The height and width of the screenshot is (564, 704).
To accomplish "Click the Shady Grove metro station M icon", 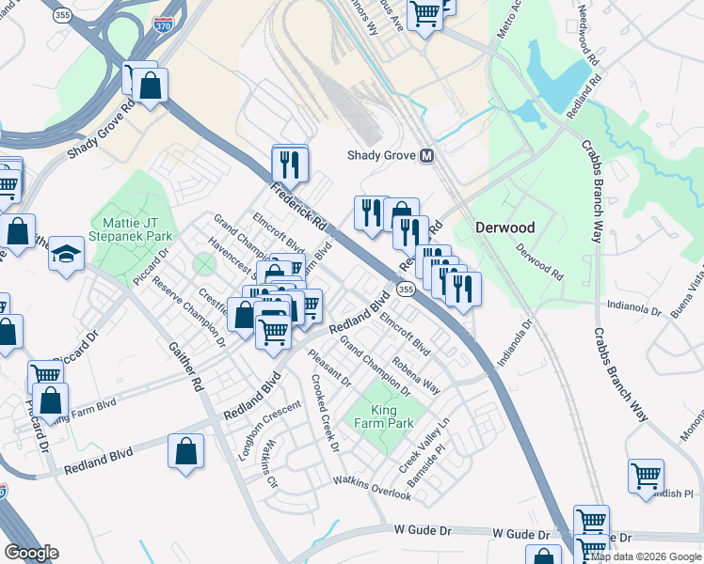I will pyautogui.click(x=427, y=156).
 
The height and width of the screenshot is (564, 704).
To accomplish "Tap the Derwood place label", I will pyautogui.click(x=504, y=227).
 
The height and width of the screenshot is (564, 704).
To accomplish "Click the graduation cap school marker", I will pyautogui.click(x=67, y=254).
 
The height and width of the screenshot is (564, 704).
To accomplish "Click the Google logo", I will pyautogui.click(x=31, y=553).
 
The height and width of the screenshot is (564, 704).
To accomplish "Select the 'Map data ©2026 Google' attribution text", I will pyautogui.click(x=645, y=556).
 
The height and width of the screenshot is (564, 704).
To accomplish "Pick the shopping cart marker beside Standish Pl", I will pyautogui.click(x=646, y=477).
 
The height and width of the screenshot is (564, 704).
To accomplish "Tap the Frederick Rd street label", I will pyautogui.click(x=296, y=207).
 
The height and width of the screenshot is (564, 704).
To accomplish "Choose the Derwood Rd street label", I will pyautogui.click(x=539, y=263).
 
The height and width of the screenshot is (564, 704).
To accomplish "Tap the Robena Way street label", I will pyautogui.click(x=417, y=374).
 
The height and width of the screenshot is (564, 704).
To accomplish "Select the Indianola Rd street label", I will pyautogui.click(x=628, y=305).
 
